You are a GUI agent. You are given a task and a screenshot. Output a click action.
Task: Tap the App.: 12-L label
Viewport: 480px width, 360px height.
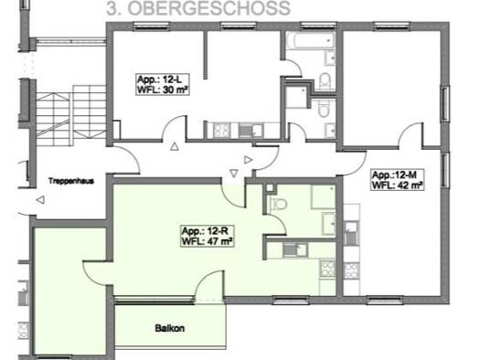point(156,79)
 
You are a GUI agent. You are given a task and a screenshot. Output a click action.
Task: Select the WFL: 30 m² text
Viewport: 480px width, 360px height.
point(157,90)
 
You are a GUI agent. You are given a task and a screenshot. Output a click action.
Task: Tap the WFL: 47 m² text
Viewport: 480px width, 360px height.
point(206,243)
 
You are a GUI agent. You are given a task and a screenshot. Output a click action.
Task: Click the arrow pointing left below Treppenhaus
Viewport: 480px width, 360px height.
point(40,199)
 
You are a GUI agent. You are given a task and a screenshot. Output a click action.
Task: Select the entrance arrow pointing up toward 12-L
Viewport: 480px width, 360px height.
point(175,147)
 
